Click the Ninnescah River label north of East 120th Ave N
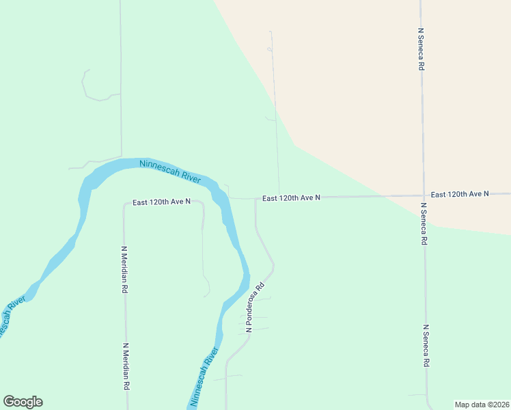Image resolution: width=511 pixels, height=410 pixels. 169,171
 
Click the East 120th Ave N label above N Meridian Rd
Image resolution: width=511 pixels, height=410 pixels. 161,202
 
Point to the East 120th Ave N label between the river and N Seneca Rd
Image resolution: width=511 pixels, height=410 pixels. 291,197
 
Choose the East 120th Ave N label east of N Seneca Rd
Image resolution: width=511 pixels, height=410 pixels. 460,194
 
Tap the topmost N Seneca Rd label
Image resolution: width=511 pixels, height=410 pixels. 422,50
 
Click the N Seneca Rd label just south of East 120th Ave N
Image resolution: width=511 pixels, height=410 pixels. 424,224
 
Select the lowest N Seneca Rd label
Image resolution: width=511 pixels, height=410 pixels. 426,346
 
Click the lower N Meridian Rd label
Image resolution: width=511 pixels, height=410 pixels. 126,366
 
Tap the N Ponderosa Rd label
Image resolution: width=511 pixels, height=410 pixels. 255,309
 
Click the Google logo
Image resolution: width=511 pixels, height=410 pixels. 23,402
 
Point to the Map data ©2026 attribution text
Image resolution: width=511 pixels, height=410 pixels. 482,405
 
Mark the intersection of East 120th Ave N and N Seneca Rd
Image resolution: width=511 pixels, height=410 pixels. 423,196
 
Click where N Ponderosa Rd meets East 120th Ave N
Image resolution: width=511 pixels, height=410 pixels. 255,199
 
